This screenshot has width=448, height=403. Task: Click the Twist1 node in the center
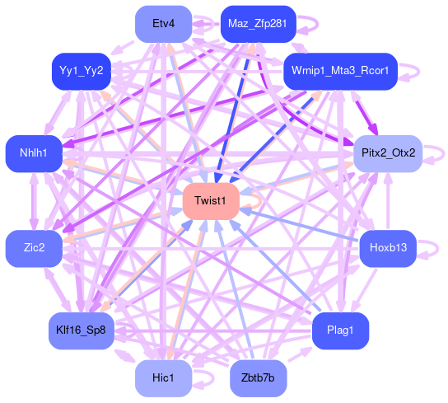pos(211,201)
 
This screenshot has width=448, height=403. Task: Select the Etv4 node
pos(163,24)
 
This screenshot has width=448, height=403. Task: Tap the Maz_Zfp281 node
pos(259,24)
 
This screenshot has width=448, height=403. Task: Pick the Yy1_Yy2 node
pos(82,72)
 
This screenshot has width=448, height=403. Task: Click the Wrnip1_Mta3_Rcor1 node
pos(340,72)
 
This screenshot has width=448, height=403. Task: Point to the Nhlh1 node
pos(34,154)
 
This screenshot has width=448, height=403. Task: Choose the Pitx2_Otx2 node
pos(388,154)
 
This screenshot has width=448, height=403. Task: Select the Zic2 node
pos(34,249)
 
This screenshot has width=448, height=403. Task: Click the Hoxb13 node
pos(388,249)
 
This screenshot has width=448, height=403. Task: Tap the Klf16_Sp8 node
pos(82,331)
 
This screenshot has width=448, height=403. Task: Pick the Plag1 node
pos(340,331)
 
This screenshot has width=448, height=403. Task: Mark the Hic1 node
pos(163,378)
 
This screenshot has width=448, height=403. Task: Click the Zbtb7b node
pos(259,378)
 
